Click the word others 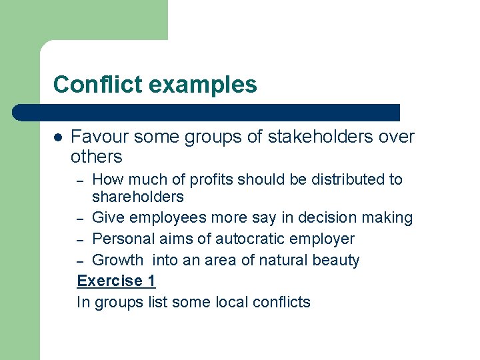tap(97, 157)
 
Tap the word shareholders tap(137, 197)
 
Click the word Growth tap(117, 260)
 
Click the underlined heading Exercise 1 tap(116, 281)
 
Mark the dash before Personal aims tap(80, 239)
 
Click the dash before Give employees tap(80, 219)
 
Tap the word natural tap(277, 260)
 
